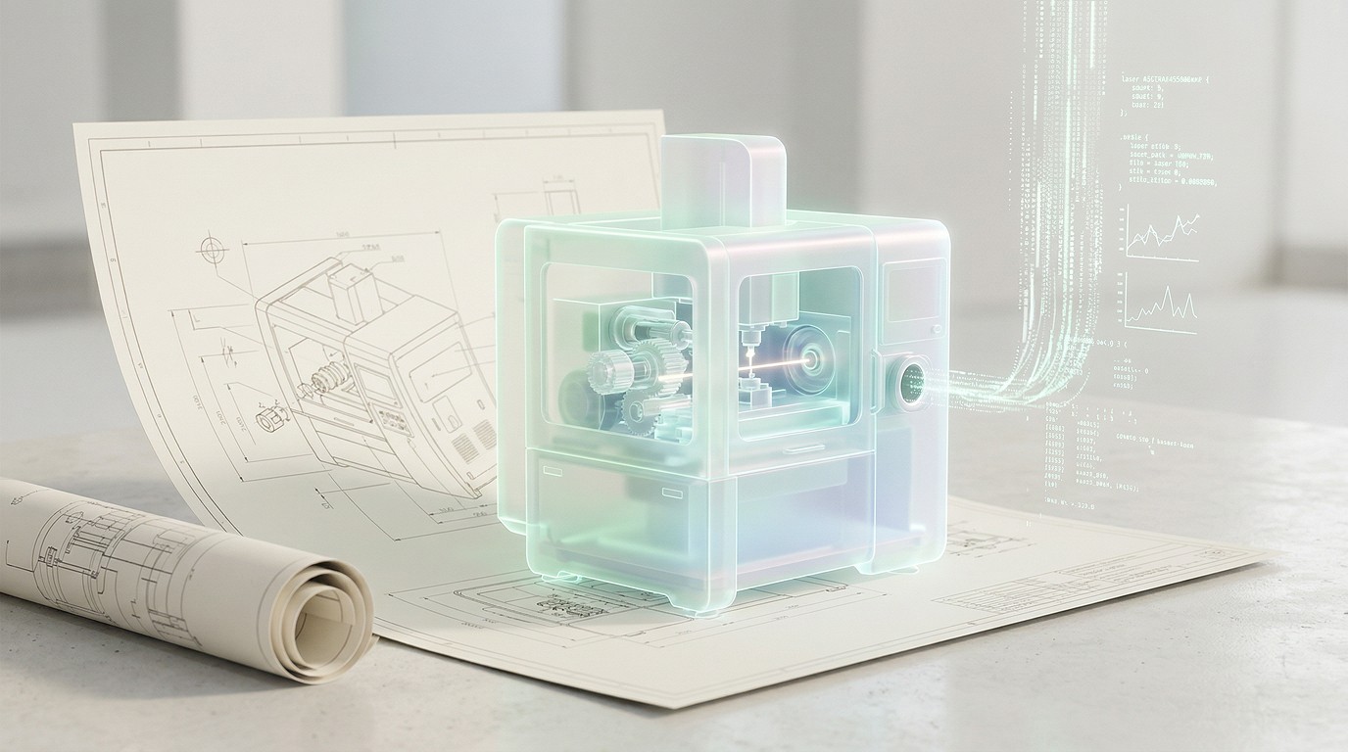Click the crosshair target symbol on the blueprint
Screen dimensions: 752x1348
[x=212, y=249]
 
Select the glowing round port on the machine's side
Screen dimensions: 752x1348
[x=912, y=382]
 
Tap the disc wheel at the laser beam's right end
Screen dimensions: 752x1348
[x=808, y=360]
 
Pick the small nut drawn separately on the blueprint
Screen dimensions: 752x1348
[x=265, y=421]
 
